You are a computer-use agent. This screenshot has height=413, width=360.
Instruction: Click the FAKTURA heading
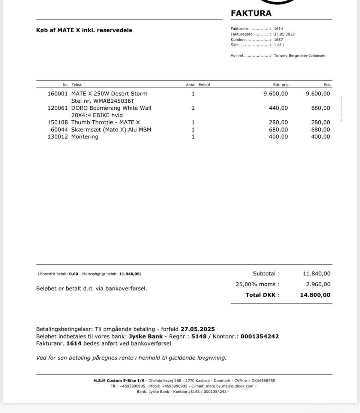tap(251, 13)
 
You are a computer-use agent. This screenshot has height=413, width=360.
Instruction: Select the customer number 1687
tap(278, 39)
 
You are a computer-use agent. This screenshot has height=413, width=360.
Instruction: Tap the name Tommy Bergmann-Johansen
tap(299, 55)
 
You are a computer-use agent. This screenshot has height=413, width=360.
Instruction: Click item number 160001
tap(58, 94)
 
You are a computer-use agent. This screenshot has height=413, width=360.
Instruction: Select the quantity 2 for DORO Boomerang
tap(193, 108)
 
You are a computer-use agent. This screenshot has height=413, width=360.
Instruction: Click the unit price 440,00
tap(278, 108)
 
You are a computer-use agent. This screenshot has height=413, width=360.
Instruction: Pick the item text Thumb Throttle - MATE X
tap(105, 122)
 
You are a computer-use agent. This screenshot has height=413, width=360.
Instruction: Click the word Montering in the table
tap(85, 137)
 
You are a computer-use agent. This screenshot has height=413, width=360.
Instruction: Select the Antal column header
tap(190, 85)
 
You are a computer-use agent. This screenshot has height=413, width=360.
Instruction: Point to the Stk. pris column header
tap(280, 85)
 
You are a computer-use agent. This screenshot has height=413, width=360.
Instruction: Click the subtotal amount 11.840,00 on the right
tap(316, 274)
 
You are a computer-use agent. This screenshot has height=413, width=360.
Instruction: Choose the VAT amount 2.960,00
tap(318, 284)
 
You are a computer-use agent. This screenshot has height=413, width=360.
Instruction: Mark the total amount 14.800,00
tap(315, 295)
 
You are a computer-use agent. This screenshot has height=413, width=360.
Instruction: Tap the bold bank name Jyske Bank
tap(145, 337)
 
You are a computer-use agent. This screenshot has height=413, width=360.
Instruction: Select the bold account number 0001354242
tap(259, 337)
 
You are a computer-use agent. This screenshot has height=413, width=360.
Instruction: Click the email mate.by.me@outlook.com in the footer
tap(229, 386)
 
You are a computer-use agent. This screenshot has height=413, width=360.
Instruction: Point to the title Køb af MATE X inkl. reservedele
tap(84, 30)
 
